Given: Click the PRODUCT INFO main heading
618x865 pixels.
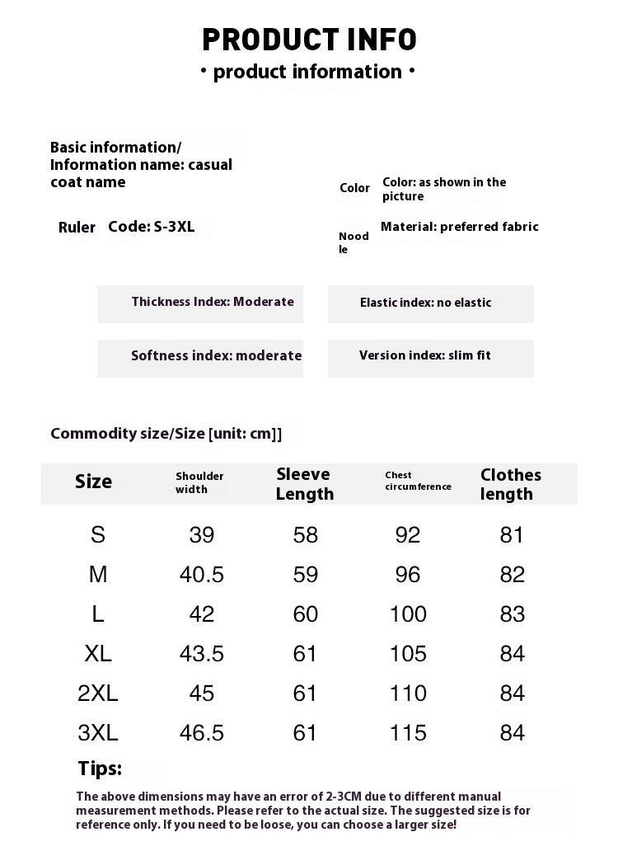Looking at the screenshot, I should pos(309,39).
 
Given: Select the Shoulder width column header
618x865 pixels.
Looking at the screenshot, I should pos(199,482).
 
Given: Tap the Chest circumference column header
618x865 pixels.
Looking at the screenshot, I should pos(418,481).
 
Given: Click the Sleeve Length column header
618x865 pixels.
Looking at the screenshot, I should pos(304,484).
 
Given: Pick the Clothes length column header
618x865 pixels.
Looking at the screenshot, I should pos(511,484).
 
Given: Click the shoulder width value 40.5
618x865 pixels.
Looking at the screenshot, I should pos(202,574).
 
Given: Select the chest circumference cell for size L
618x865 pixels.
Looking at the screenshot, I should pos(408,613).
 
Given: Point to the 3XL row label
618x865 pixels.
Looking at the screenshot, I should pos(98,732).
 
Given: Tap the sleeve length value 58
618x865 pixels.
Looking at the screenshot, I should pos(305,534).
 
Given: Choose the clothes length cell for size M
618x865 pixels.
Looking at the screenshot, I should pos(512,574).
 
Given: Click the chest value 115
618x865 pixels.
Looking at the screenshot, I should pos(408,732).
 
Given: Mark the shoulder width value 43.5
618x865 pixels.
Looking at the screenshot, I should pos(202,653).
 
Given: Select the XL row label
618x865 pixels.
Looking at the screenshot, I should pos(98,653).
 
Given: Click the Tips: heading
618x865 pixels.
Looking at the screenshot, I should pos(100,769).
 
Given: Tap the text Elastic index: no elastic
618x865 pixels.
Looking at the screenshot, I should pos(425,303).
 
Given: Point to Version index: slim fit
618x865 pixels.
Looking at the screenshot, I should pos(424,355).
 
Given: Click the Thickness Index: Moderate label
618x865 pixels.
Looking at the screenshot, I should pos(213,302).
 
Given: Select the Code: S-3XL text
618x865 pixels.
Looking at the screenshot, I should pos(152,227).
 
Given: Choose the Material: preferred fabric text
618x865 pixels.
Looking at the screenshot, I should pos(459,227).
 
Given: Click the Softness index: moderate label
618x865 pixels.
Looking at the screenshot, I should pos(216,355).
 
